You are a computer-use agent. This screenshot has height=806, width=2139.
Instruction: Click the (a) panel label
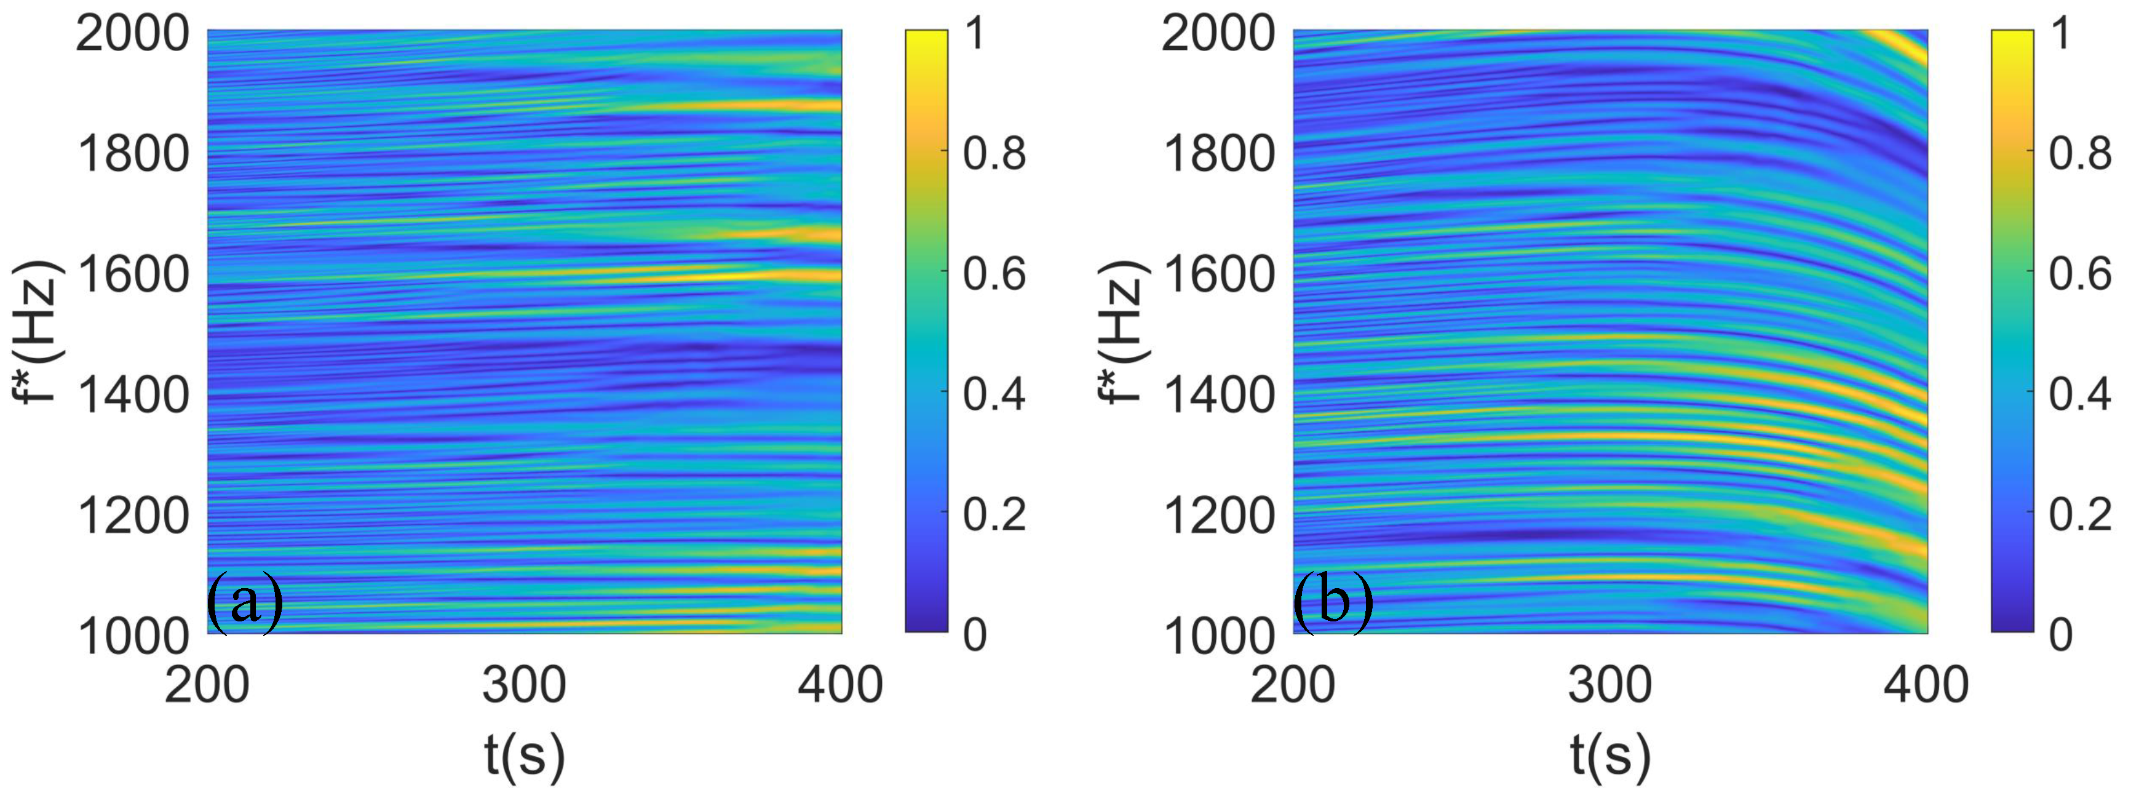(x=245, y=602)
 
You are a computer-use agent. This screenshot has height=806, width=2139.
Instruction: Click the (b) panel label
(x=1333, y=602)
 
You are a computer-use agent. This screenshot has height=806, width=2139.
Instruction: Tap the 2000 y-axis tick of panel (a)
(x=133, y=35)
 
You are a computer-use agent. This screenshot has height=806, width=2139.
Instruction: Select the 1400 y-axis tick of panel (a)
(x=133, y=396)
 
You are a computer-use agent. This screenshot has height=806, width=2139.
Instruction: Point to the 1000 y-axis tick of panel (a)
(x=133, y=636)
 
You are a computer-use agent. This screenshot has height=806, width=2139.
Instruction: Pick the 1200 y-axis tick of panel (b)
(x=1218, y=516)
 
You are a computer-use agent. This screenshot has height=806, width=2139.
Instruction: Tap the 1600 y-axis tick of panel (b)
(x=1218, y=275)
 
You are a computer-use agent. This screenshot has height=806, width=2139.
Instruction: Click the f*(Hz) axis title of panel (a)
(x=38, y=331)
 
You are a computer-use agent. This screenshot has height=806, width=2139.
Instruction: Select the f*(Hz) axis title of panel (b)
(x=1122, y=331)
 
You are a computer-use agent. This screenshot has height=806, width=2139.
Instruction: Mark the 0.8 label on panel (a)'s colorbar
(x=994, y=154)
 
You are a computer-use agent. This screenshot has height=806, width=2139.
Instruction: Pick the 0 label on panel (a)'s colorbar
(x=975, y=636)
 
